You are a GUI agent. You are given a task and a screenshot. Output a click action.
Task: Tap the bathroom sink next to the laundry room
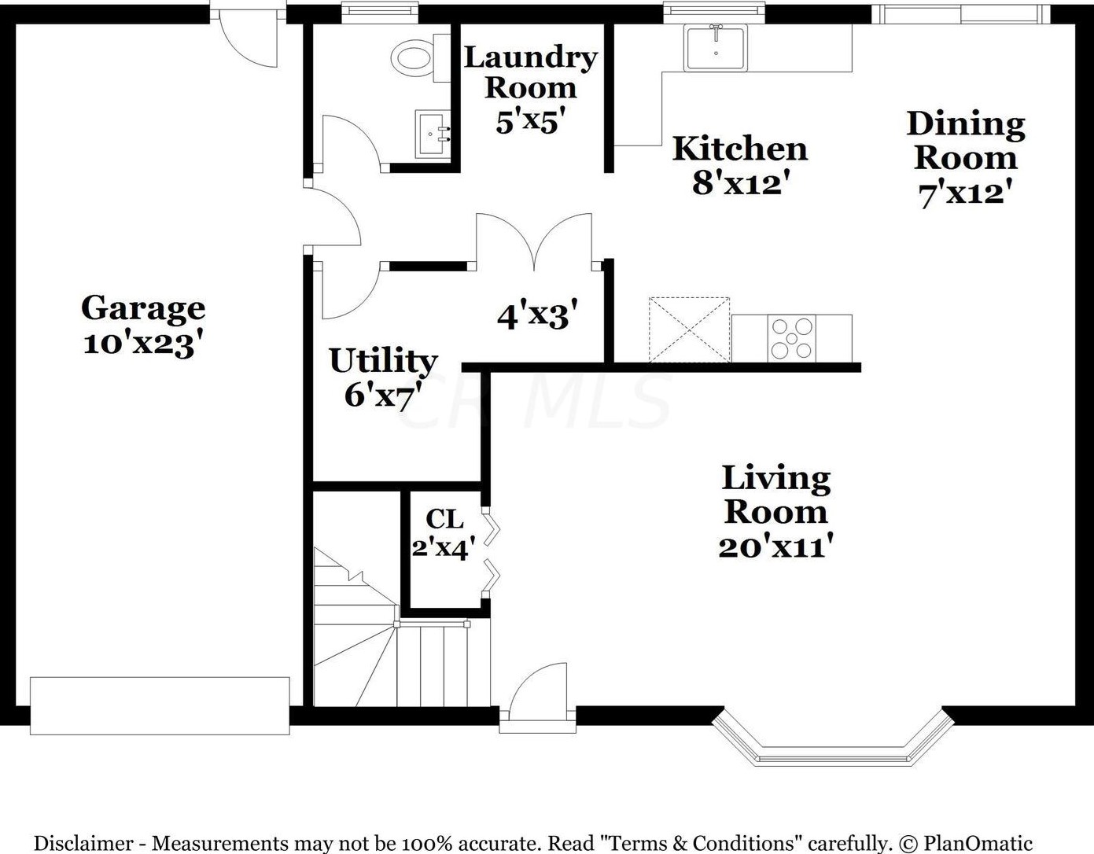(433, 134)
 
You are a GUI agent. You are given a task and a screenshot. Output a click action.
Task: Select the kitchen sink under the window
(716, 48)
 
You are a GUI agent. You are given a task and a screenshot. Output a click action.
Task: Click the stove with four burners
(792, 338)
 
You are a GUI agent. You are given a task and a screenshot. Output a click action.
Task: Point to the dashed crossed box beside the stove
(689, 329)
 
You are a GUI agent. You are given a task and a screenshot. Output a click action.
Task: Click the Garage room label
(143, 308)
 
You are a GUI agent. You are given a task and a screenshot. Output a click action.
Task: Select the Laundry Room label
(531, 72)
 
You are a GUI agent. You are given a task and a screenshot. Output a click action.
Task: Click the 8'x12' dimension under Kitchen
(739, 182)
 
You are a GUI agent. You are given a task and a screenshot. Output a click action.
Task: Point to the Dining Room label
(966, 141)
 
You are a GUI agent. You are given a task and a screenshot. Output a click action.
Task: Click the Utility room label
(383, 361)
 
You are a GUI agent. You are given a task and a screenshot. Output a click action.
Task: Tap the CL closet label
(444, 519)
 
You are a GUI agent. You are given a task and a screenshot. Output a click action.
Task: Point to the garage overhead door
(160, 705)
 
